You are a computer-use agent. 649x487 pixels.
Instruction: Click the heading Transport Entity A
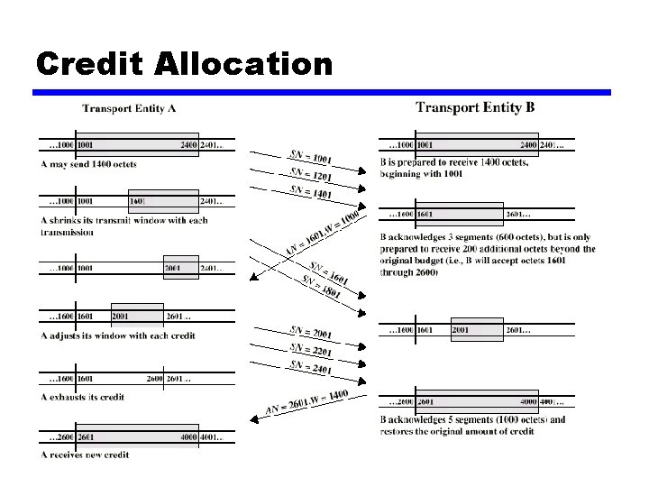[129, 109]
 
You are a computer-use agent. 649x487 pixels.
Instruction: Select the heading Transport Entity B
[475, 108]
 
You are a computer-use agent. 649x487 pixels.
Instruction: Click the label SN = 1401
[310, 192]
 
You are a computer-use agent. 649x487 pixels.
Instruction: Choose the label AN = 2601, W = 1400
[306, 402]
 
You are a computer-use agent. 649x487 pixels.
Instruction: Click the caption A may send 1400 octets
[88, 164]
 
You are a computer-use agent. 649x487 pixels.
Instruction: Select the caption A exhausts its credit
[82, 397]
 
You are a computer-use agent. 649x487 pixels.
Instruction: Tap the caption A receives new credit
[85, 455]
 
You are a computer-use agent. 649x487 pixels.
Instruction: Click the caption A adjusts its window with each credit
[118, 335]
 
